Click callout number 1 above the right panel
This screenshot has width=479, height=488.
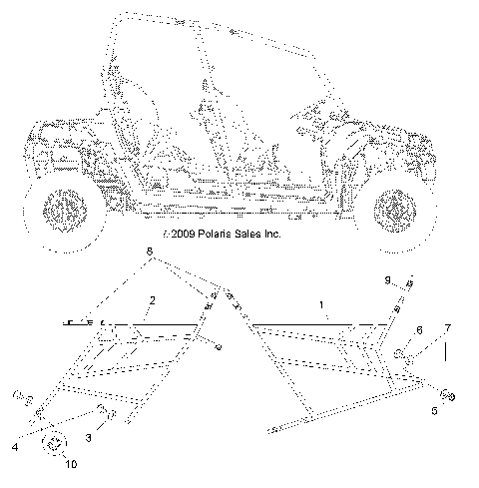(x=321, y=302)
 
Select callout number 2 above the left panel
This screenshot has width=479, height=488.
(x=153, y=299)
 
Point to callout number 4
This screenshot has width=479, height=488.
(x=13, y=448)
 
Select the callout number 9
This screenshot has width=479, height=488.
(x=389, y=278)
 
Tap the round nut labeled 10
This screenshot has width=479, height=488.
(x=55, y=445)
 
